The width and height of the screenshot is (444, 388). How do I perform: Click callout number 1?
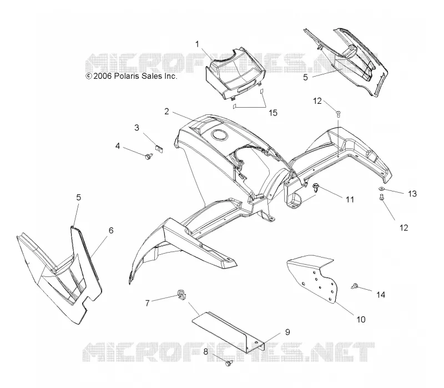pos(197,44)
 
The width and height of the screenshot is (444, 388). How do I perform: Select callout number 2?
pos(167,112)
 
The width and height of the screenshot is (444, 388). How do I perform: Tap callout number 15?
pos(273,113)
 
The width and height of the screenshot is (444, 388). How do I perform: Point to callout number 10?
pos(361,320)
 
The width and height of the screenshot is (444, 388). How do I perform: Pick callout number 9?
pos(287,332)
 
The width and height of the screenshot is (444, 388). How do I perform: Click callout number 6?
pos(111,230)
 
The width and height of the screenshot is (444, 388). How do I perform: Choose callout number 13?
pos(412,194)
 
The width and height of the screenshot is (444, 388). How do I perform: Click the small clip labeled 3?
pos(159,149)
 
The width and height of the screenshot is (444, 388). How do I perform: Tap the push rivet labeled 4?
pos(148,156)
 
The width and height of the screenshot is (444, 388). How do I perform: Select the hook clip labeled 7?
pos(181,295)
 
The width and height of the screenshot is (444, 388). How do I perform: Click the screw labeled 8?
pos(229,363)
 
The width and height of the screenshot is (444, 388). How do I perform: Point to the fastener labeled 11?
pos(316,188)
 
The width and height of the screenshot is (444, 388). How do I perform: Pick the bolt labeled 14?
pos(354,286)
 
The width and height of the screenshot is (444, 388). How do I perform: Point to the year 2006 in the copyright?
pos(103,76)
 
